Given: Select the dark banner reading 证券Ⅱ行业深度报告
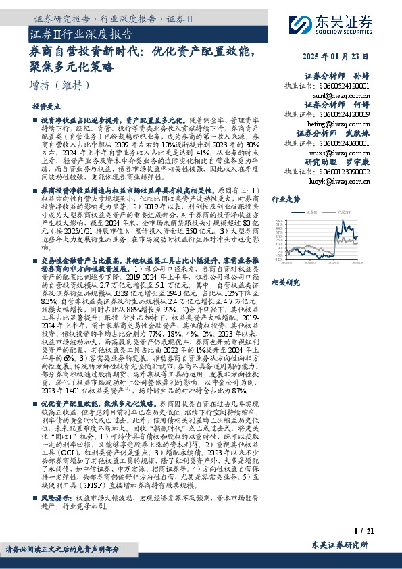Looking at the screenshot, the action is click(x=81, y=33).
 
